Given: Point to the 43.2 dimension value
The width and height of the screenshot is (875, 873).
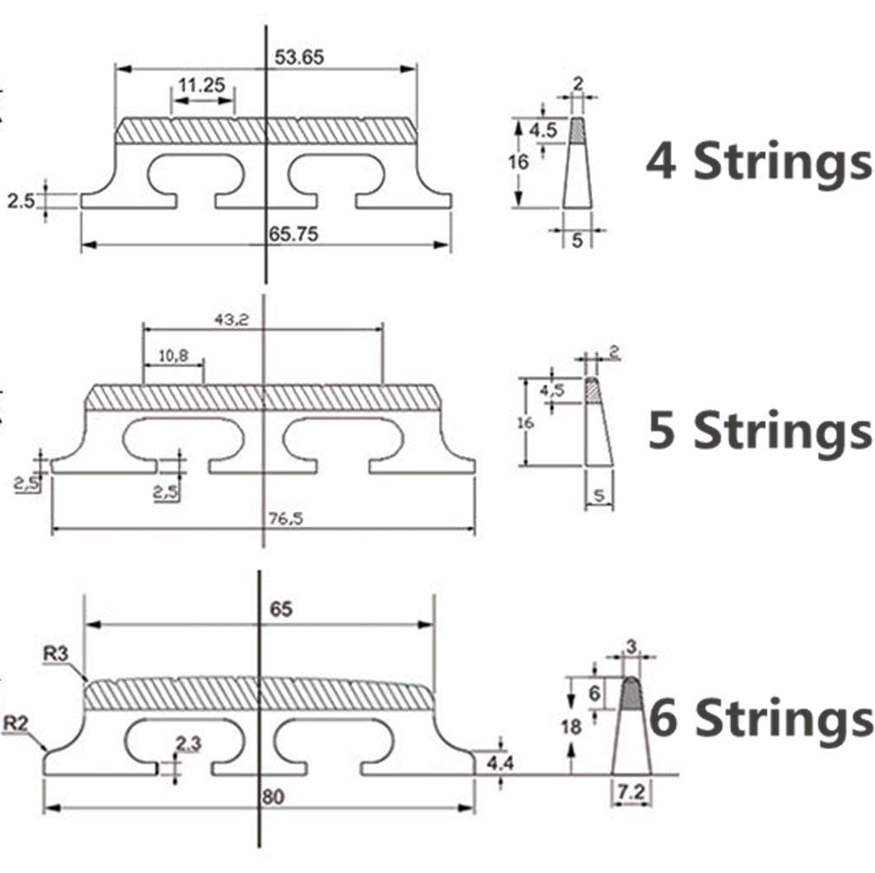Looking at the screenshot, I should tap(231, 319).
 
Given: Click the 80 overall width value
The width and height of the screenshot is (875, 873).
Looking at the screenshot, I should tap(273, 797).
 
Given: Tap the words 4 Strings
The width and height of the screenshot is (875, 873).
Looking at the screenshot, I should tap(757, 163).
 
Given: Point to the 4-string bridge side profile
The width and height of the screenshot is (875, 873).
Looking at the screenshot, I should tap(578, 165).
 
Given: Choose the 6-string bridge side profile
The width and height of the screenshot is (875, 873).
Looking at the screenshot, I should tap(632, 727).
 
